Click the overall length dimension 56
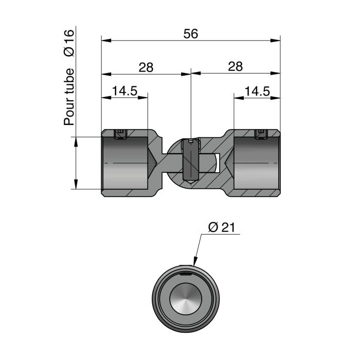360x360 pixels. point(191,33)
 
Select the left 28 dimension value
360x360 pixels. point(146,67)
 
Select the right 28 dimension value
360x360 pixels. point(235,67)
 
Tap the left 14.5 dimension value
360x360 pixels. point(124,91)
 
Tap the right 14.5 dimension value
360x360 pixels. point(257,91)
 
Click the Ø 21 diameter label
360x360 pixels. point(222,228)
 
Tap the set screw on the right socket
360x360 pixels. point(261,134)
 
